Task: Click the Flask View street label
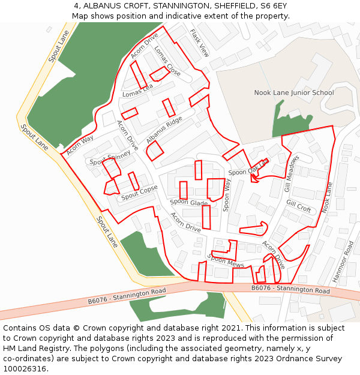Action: click(x=200, y=43)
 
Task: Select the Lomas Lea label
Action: click(x=137, y=91)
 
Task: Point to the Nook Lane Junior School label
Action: click(x=294, y=92)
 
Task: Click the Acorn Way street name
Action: click(x=80, y=145)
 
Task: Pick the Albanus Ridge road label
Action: click(x=164, y=128)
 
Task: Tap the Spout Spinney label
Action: click(x=110, y=158)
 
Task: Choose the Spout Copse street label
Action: click(x=139, y=193)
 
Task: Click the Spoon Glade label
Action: click(x=188, y=203)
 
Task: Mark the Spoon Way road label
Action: click(x=226, y=194)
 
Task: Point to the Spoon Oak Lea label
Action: click(x=248, y=168)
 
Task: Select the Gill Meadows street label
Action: click(x=292, y=173)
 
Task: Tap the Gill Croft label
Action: click(x=298, y=206)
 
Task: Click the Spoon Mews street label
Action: click(x=226, y=261)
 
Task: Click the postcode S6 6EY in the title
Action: click(x=272, y=6)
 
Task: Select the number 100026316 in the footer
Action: click(x=25, y=368)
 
